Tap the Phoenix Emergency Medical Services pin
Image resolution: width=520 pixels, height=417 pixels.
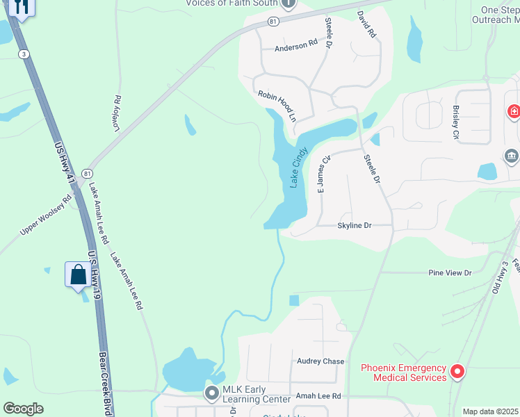point(457,372)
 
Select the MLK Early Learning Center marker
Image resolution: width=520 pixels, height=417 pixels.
point(212,393)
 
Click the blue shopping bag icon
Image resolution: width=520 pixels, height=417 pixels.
point(78,275)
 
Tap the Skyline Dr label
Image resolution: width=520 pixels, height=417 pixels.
point(355,226)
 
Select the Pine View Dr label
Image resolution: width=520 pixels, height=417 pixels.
point(450,273)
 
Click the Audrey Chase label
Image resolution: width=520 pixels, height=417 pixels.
point(320,361)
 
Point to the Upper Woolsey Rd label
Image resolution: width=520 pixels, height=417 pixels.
point(46,214)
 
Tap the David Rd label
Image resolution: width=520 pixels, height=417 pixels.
point(366,24)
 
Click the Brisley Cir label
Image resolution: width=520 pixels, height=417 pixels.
point(455,123)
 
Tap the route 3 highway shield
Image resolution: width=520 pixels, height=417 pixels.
point(24,54)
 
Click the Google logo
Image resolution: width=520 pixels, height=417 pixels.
point(23,409)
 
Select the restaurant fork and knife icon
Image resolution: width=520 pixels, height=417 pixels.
point(22,7)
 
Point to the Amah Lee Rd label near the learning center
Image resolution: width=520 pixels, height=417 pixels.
point(318,395)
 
